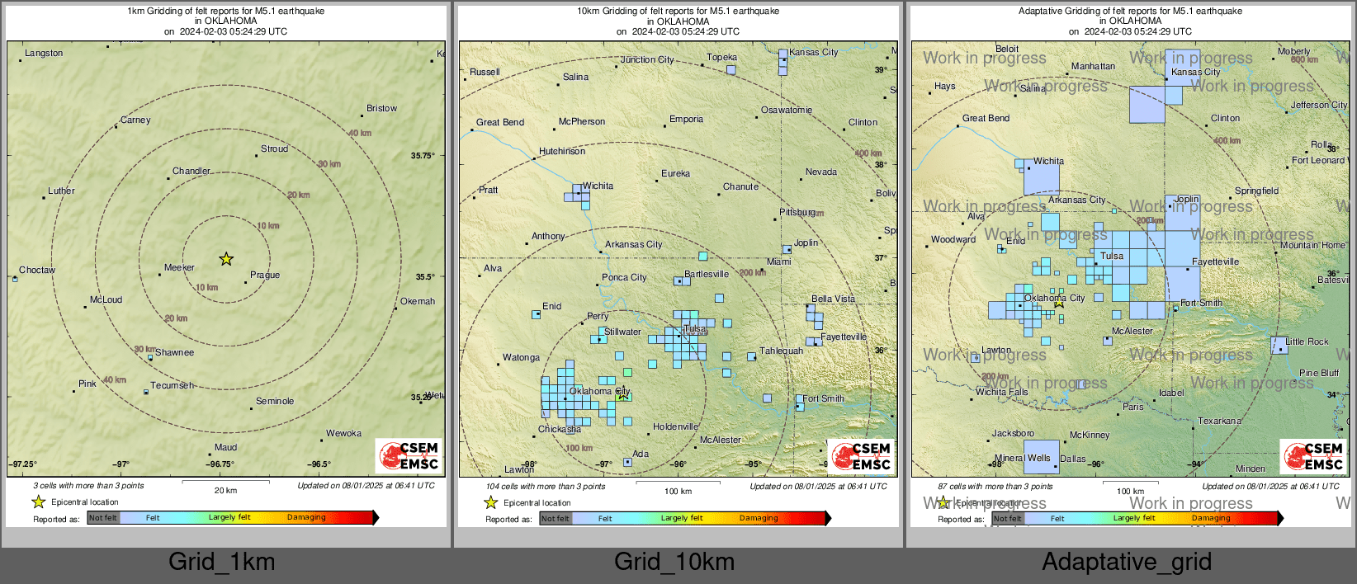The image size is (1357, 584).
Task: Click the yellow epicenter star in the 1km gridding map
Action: (x=226, y=259)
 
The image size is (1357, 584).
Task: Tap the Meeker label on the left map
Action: (x=179, y=268)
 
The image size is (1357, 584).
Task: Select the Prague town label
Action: (x=265, y=276)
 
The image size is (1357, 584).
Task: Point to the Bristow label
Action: (x=381, y=109)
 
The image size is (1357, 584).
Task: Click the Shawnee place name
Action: (x=175, y=353)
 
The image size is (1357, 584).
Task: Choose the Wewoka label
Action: (x=343, y=434)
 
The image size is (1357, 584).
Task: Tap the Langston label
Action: (x=44, y=54)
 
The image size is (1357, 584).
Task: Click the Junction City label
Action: (x=647, y=60)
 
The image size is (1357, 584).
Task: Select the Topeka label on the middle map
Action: (x=721, y=58)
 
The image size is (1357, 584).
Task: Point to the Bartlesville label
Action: (x=707, y=275)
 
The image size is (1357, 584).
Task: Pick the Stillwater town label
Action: (x=622, y=332)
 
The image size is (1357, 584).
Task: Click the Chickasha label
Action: (x=560, y=430)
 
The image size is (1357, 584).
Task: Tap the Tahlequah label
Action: (x=781, y=351)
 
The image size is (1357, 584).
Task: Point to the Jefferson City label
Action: (x=1318, y=106)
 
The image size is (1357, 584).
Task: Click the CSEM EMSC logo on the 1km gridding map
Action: (x=409, y=455)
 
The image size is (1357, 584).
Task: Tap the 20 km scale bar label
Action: (x=225, y=491)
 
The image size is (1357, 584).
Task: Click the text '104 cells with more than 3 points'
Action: (x=546, y=487)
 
